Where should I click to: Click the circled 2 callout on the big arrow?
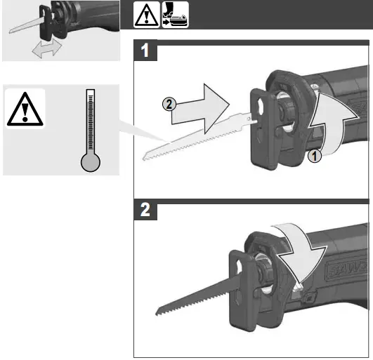pyautogui.click(x=168, y=105)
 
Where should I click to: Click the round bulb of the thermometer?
pyautogui.click(x=91, y=163)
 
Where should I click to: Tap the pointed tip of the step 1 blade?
pyautogui.click(x=143, y=158)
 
